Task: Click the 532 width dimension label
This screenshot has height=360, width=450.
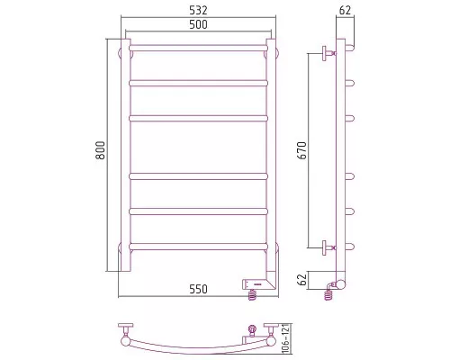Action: coord(198,11)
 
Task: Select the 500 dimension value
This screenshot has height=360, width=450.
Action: coord(198,24)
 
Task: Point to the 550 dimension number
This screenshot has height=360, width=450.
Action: coord(198,289)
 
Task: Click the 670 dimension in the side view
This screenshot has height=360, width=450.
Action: coord(302,150)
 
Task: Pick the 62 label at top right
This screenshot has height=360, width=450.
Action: coord(345,11)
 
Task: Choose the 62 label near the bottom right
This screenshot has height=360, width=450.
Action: coord(303,280)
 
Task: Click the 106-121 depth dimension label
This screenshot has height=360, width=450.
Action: coord(286,338)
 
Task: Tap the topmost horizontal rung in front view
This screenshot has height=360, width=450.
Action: coord(198,48)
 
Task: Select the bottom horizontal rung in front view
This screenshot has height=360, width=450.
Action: coord(198,247)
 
